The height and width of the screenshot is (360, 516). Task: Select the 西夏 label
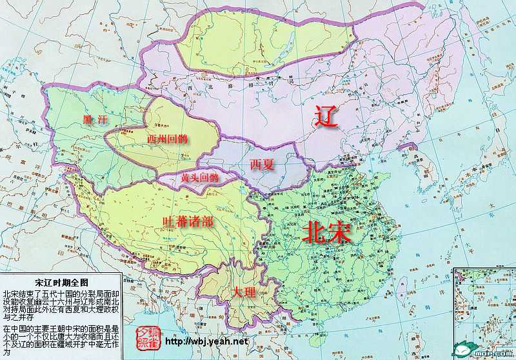coord(263,165)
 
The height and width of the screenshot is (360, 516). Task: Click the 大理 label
coord(244,292)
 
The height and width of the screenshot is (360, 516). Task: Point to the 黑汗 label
coord(94,120)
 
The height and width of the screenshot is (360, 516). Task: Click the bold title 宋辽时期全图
coord(60,283)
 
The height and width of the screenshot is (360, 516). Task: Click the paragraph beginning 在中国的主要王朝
coord(60,340)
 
